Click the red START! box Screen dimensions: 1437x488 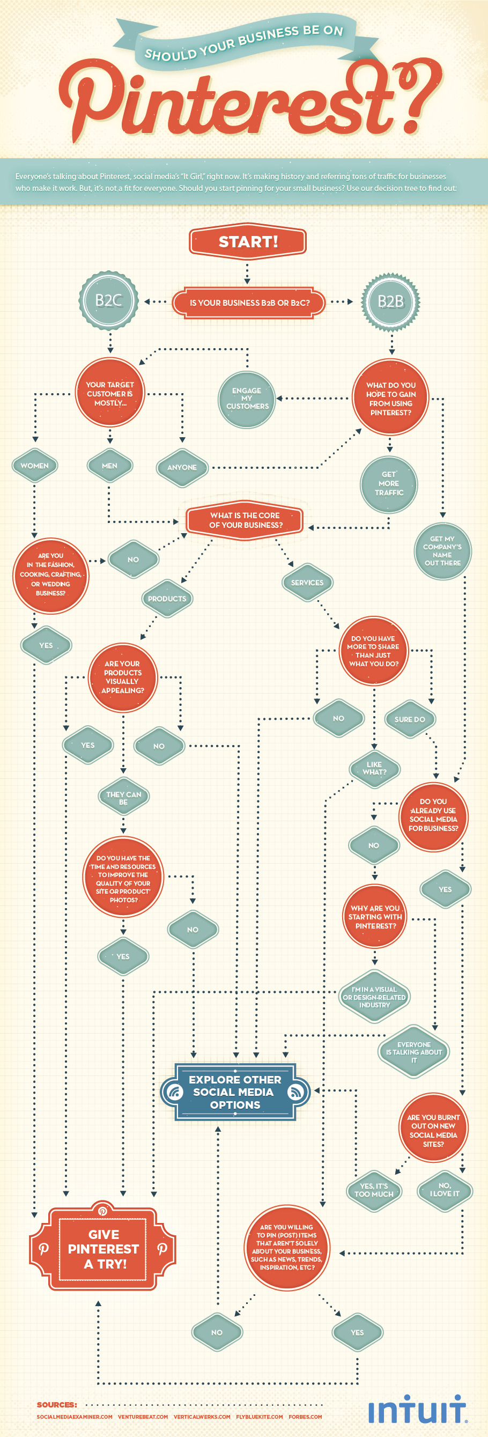[248, 241]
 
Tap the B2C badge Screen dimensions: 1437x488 [109, 301]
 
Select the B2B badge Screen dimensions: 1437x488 [390, 302]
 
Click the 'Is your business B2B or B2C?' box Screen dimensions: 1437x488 [249, 303]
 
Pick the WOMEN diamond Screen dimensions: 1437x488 [34, 466]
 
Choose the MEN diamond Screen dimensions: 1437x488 [110, 466]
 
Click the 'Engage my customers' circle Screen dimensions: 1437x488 [247, 399]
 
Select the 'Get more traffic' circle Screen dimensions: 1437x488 [389, 484]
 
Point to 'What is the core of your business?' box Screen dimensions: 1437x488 [246, 520]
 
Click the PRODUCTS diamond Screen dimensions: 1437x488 [167, 599]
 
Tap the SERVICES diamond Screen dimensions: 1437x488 [307, 583]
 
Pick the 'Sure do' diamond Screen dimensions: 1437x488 [409, 720]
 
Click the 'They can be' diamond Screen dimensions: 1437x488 [123, 798]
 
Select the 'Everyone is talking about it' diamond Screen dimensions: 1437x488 [413, 1052]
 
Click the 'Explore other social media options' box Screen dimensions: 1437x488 [235, 1092]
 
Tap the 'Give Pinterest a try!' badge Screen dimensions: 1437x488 [103, 1248]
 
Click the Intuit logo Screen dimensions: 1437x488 [417, 1410]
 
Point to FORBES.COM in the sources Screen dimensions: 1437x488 [305, 1417]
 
